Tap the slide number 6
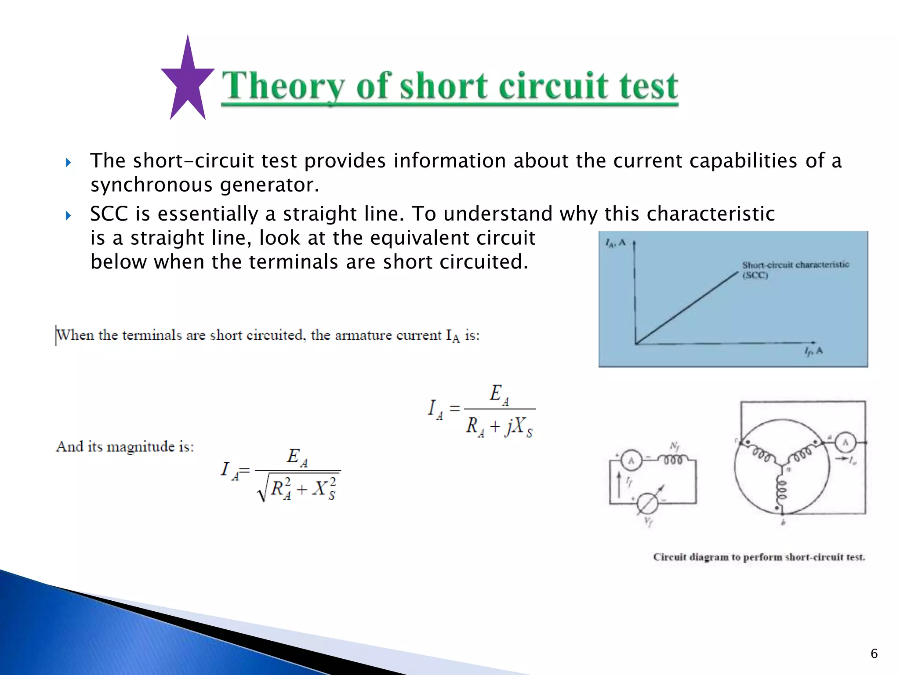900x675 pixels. (x=874, y=653)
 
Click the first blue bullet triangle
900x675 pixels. (x=68, y=163)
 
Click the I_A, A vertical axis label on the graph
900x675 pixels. (x=615, y=243)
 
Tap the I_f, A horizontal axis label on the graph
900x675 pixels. (x=813, y=351)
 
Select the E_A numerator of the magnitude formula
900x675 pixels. (x=297, y=457)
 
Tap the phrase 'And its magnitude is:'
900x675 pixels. (x=125, y=447)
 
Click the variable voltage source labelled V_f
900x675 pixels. (x=647, y=504)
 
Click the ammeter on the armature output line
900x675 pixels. (x=845, y=443)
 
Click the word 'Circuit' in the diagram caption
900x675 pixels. (x=669, y=557)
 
